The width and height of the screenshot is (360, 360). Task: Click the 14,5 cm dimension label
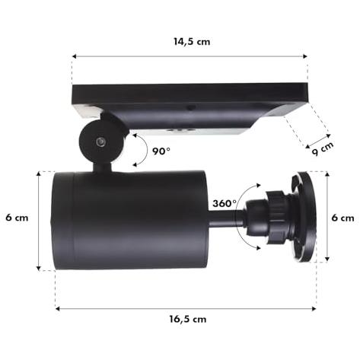192,42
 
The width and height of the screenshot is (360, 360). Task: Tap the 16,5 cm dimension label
188,319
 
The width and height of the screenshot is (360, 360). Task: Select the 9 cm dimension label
323,148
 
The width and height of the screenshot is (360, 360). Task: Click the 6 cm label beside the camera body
17,218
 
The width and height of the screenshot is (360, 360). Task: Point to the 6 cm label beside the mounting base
342,218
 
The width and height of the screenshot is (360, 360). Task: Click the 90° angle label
161,151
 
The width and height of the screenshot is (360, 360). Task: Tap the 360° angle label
225,203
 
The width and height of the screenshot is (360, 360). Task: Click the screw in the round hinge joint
100,142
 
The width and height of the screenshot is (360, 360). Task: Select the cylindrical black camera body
130,220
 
